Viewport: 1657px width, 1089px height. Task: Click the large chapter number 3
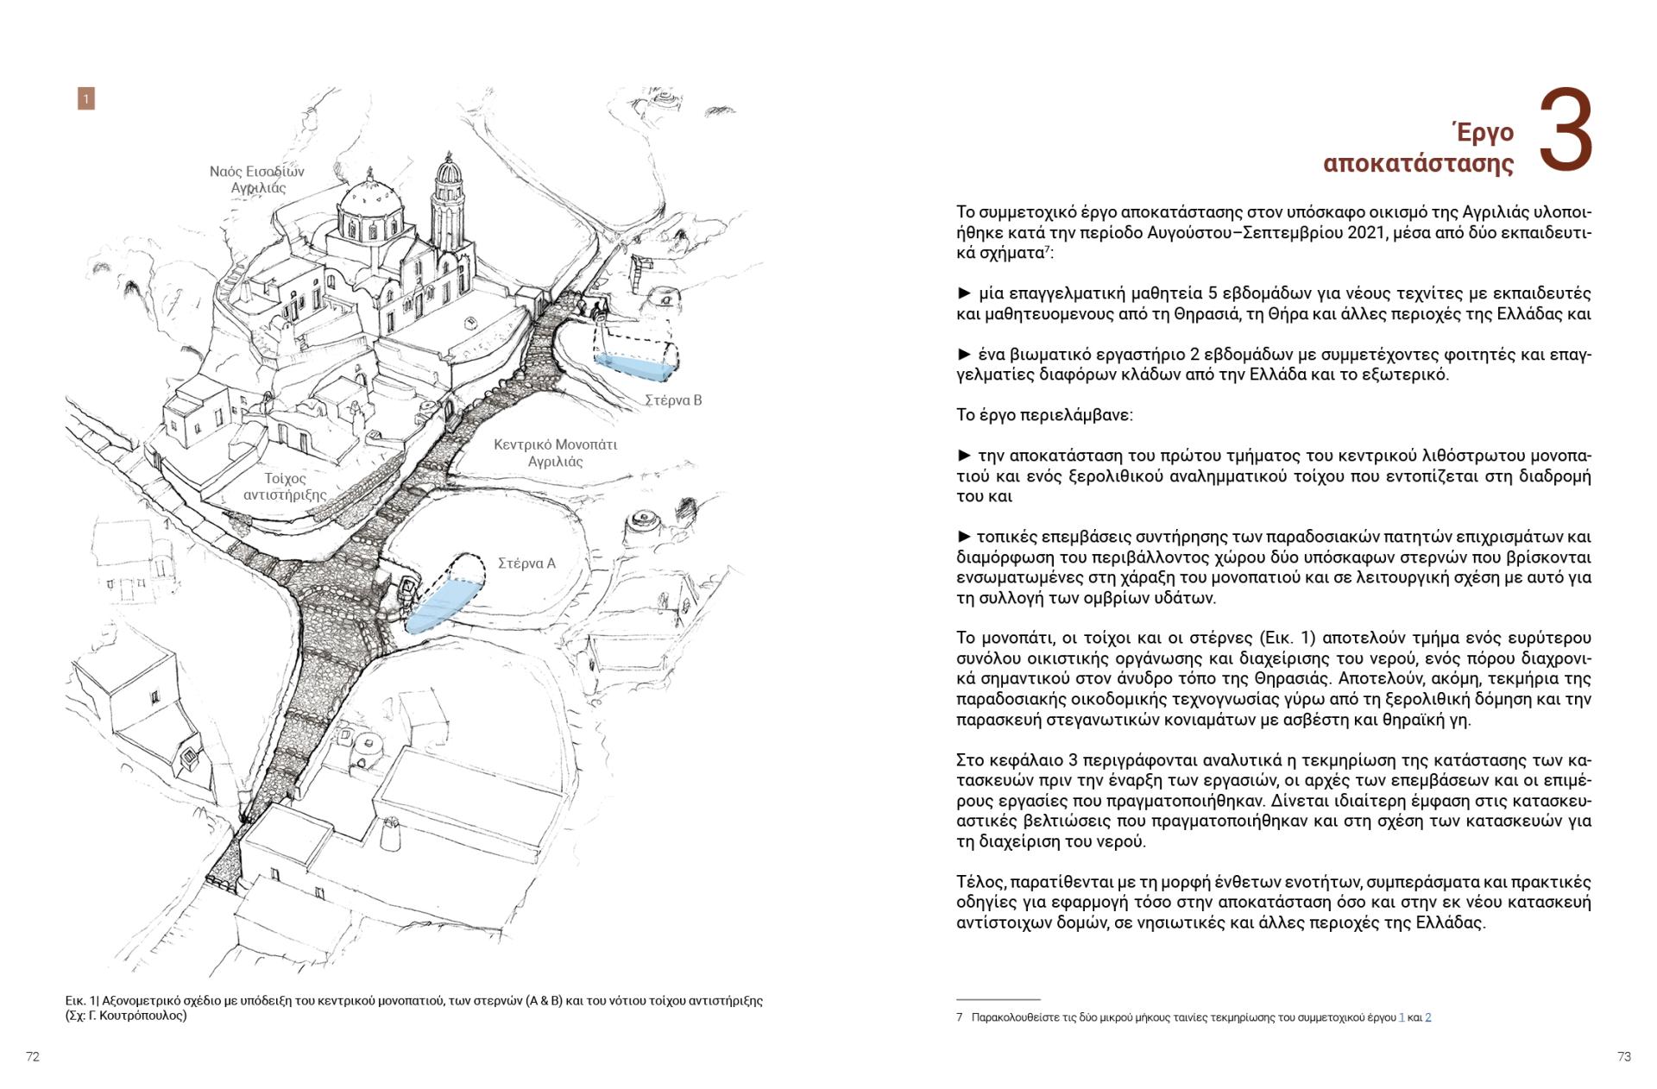pos(1566,130)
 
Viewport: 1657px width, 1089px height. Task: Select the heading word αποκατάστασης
pos(1418,164)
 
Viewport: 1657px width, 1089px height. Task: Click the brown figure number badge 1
pos(85,99)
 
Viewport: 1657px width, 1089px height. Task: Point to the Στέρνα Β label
pos(673,400)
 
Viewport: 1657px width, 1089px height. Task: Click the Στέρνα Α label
pos(526,563)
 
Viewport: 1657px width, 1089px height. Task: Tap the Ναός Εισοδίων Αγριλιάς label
pos(257,179)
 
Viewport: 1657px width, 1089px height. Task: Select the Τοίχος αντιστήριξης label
pos(285,487)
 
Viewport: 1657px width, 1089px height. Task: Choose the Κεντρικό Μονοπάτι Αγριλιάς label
pos(555,453)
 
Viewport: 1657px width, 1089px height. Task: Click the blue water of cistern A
pos(440,604)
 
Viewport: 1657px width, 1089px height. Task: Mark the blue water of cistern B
pos(634,367)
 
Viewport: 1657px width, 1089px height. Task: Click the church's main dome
pos(369,207)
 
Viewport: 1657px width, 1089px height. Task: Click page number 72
pos(33,1056)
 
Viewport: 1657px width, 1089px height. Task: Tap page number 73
pos(1624,1056)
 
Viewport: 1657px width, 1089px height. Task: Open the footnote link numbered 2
pos(1428,1017)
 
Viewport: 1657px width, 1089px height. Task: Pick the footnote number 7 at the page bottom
pos(959,1017)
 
